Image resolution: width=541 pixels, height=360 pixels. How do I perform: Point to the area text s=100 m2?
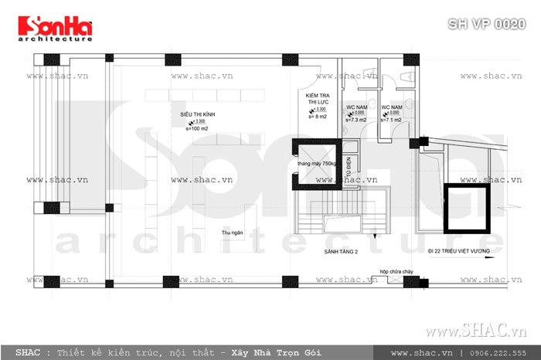(x=197, y=128)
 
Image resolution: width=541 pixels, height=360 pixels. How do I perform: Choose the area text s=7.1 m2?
(x=390, y=121)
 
